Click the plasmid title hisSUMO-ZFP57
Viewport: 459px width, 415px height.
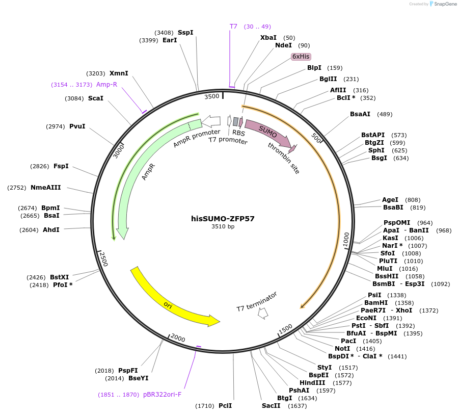tap(223, 219)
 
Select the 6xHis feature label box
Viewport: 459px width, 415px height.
tap(301, 57)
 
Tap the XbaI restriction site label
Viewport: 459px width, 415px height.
tap(268, 38)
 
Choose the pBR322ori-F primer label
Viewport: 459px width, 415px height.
tap(162, 394)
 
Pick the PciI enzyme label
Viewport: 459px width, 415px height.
tap(225, 406)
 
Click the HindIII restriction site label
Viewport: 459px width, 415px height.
tap(312, 383)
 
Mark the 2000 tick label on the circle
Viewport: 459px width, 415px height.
tap(178, 338)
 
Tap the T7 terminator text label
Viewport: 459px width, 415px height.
tap(257, 302)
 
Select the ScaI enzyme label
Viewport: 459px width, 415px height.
tap(96, 98)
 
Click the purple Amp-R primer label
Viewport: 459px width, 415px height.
tap(106, 85)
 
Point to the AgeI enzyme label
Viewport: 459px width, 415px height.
tap(390, 200)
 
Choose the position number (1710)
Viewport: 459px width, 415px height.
tap(205, 406)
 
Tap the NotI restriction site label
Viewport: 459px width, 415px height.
tap(342, 349)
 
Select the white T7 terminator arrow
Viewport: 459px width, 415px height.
tap(263, 314)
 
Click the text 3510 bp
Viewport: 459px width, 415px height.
tap(223, 227)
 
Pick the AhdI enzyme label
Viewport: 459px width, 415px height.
tap(51, 230)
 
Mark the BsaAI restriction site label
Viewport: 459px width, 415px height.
tap(360, 114)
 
